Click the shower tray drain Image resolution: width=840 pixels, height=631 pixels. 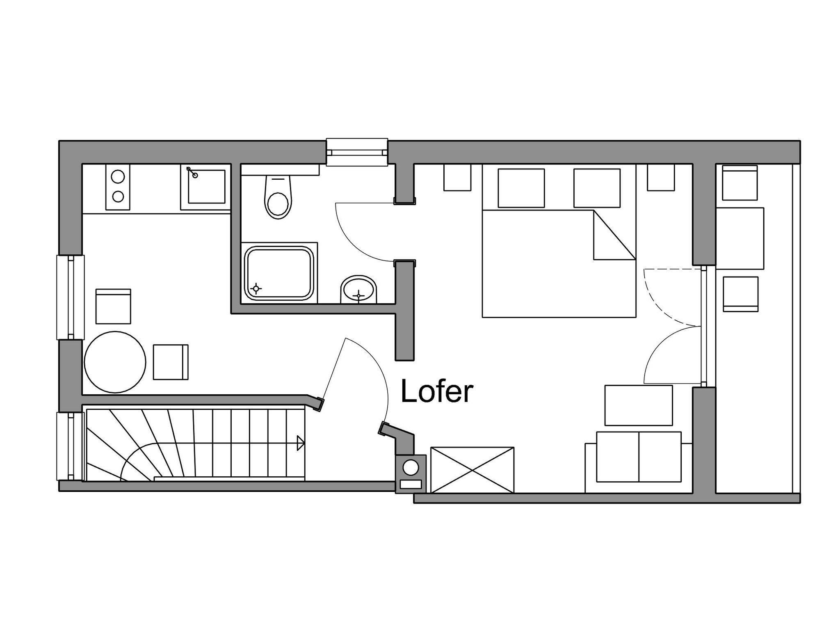click(256, 288)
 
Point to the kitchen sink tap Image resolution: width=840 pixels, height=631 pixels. click(192, 172)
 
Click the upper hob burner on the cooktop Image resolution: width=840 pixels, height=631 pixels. click(118, 177)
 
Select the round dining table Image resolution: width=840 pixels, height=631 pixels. click(115, 362)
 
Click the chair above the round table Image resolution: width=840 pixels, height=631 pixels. click(113, 306)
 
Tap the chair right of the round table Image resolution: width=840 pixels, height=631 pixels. click(171, 362)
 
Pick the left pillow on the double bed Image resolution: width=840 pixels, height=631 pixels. click(521, 188)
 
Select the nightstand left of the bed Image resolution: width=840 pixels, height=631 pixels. click(457, 177)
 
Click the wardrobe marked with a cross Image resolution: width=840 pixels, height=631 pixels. click(472, 470)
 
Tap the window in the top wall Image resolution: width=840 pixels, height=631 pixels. click(357, 152)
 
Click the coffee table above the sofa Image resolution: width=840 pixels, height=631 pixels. click(639, 405)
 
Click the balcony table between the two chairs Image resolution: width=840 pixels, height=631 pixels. click(740, 238)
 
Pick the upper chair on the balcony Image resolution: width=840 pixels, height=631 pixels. click(740, 183)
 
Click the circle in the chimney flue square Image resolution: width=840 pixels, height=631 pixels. click(411, 467)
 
